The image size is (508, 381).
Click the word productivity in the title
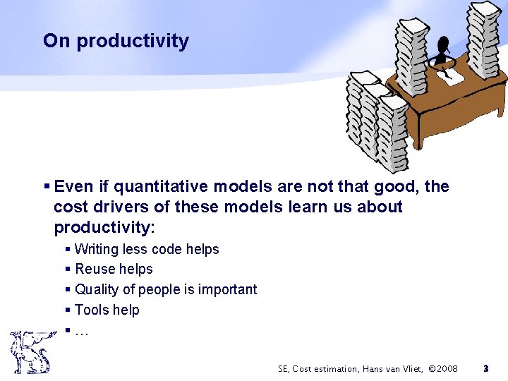pos(133,42)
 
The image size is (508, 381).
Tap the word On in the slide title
pos(56,41)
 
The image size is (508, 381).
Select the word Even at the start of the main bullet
pos(73,186)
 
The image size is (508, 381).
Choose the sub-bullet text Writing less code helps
pos(147,249)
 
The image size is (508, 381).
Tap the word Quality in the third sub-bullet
pos(95,289)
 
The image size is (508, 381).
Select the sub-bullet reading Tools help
pos(107,310)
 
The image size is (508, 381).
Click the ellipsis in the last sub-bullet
pos(81,329)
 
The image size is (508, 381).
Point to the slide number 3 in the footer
pos(485,368)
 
